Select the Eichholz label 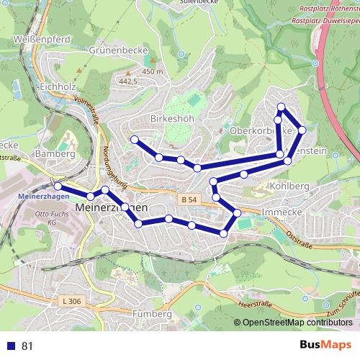pos(58,87)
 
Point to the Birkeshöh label pos(169,118)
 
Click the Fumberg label pos(153,314)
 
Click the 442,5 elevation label pos(127,82)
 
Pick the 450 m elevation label pos(153,72)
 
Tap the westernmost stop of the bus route pos(58,186)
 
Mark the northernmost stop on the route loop pos(282,108)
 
